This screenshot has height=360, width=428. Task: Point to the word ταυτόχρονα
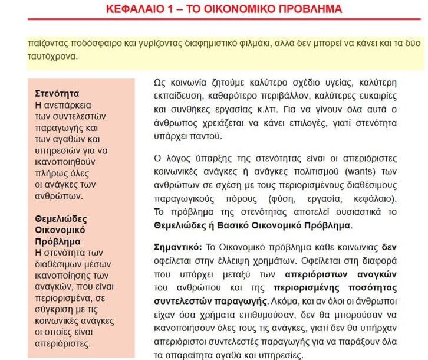pos(52,58)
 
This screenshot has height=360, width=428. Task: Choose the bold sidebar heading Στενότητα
pos(57,93)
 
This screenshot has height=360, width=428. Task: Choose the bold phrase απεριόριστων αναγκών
pos(341,273)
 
